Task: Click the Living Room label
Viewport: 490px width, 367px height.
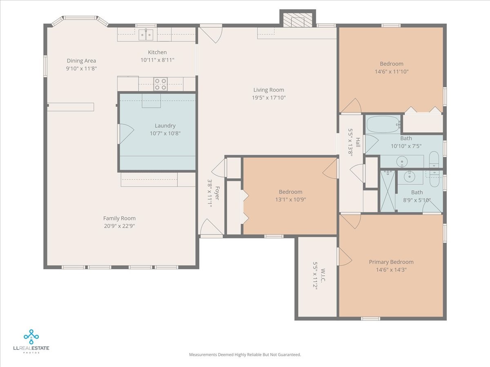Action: pos(269,90)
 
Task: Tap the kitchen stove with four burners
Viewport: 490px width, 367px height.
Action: pos(160,84)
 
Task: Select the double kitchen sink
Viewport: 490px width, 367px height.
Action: pos(146,35)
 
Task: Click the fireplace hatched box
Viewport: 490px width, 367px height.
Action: pos(298,20)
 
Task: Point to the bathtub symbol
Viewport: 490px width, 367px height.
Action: pos(383,124)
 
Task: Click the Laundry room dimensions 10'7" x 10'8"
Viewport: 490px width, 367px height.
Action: pos(165,133)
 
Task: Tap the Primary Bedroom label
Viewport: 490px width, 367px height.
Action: pos(391,262)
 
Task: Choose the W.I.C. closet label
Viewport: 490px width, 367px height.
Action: pos(323,276)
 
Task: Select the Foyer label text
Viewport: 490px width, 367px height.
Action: pos(217,193)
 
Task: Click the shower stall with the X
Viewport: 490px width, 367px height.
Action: pos(388,191)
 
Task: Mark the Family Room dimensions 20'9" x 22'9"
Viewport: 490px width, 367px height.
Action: pos(119,226)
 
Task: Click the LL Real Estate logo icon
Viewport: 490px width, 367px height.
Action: pos(31,337)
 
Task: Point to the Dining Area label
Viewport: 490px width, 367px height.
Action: pos(81,61)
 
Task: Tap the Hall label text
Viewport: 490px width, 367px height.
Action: pos(358,142)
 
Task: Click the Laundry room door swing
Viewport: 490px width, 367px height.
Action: pos(126,134)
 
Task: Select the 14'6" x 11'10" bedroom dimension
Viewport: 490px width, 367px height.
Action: pos(392,71)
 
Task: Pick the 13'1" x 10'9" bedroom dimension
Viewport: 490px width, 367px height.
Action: pos(290,199)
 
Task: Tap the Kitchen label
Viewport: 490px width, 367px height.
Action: pos(157,52)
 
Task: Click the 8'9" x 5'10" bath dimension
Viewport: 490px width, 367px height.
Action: pos(417,200)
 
